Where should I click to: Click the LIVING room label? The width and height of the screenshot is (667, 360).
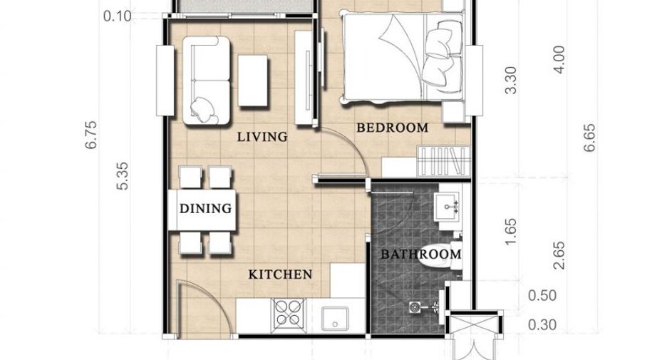262,137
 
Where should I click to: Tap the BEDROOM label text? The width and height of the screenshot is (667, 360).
392,128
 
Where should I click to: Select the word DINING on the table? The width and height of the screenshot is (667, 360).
205,208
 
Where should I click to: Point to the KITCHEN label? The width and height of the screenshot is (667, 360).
280,274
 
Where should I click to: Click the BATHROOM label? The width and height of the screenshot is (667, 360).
420,254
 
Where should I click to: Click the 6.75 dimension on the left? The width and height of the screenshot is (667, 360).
91,135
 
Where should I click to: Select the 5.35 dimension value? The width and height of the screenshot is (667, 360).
122,176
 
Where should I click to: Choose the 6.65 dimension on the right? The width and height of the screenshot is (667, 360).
589,138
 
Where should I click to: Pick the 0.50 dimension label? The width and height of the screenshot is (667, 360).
542,295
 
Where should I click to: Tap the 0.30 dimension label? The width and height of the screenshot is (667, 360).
542,325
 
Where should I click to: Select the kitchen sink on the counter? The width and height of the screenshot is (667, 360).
335,319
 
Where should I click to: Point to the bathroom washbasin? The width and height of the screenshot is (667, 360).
448,207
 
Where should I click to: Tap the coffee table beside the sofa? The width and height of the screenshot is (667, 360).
253,81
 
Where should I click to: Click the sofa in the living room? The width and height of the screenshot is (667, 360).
207,81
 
